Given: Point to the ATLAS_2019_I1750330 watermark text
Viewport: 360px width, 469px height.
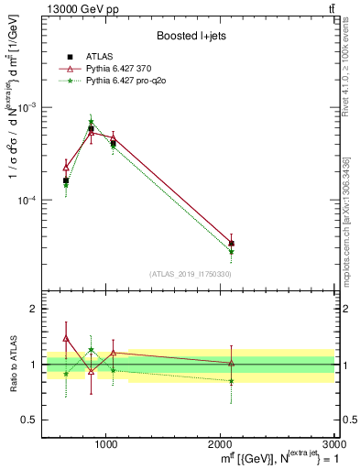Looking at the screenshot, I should click(191, 274).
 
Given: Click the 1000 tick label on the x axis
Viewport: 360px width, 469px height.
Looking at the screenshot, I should click(106, 444).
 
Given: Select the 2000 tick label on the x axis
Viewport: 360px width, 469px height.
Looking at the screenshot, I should click(221, 444).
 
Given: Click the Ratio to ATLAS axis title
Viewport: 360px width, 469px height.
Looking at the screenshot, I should click(12, 365).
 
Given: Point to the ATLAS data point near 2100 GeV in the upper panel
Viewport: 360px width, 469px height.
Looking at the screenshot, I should click(231, 244).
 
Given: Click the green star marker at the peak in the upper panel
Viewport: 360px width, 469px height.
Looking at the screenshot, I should click(91, 122).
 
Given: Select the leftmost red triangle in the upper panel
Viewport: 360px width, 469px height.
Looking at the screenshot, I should click(66, 167).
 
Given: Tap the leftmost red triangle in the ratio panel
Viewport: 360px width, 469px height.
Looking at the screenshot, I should click(66, 338).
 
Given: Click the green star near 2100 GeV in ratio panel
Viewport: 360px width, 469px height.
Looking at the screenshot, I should click(231, 380).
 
